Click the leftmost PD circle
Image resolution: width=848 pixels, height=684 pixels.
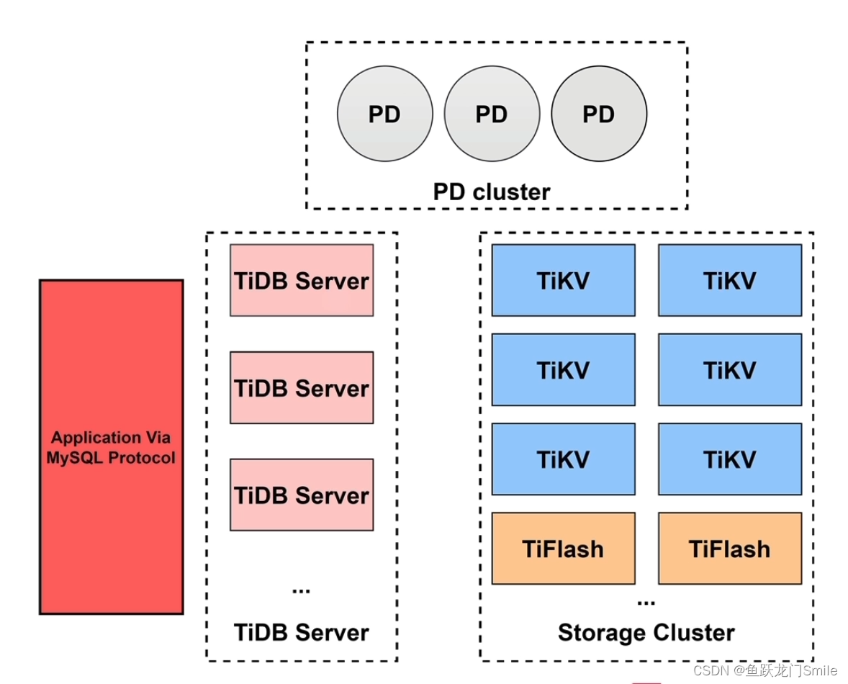384,114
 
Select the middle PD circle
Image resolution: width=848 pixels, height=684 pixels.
492,114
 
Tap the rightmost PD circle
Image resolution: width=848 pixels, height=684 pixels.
599,114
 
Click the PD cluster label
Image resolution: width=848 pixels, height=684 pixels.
492,192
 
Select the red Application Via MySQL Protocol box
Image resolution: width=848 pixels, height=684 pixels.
111,446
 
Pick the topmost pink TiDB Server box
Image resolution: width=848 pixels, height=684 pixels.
302,280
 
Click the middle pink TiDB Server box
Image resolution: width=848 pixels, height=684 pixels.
302,387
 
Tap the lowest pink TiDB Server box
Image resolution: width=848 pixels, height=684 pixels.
302,495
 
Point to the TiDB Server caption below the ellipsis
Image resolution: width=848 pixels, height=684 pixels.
302,632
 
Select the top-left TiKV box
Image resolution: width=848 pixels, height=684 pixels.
563,280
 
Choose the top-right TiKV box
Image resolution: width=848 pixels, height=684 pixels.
729,280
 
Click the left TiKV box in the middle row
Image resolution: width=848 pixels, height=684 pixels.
563,369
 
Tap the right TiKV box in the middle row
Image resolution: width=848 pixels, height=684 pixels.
729,369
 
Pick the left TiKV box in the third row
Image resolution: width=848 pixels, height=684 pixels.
563,459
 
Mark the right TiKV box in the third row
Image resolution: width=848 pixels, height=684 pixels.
729,459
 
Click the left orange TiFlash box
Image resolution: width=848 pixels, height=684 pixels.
563,548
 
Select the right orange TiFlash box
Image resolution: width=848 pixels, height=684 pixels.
729,548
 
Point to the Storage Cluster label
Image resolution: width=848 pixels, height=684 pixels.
646,632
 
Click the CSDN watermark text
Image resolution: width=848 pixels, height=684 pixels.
766,670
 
